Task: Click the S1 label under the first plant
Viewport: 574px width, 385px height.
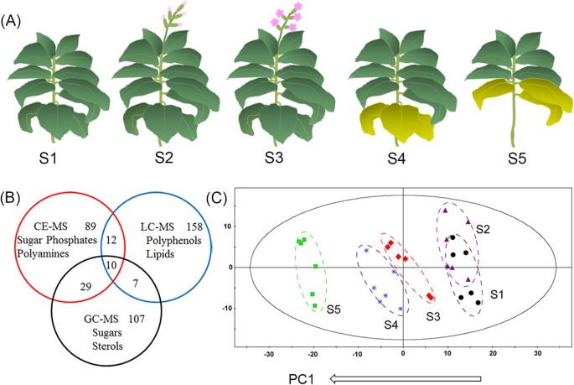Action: pos(49,159)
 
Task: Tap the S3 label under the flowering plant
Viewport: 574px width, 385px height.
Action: pos(274,158)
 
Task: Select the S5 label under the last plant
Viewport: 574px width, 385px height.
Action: pos(517,159)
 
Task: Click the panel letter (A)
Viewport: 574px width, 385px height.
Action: pos(11,21)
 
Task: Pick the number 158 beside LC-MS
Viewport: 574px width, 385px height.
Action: pos(194,227)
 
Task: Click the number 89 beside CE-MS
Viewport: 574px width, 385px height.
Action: pos(90,226)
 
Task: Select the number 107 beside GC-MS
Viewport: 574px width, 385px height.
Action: pos(137,319)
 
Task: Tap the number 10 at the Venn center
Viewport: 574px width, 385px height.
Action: pos(111,264)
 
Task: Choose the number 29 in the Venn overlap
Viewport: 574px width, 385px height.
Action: pos(85,287)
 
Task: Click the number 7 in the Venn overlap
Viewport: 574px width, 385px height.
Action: pos(136,283)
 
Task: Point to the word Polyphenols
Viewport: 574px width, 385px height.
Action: pos(174,241)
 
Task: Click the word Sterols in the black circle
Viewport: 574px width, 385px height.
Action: pos(107,346)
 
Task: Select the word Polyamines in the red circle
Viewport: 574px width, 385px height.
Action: pos(43,253)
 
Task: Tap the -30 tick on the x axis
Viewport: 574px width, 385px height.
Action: pos(269,354)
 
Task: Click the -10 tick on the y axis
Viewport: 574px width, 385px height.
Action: pos(228,309)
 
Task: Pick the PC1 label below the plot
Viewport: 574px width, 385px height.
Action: pos(302,379)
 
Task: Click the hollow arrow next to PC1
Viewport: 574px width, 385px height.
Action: pos(406,378)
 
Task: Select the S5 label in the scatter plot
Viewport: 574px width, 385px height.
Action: pos(334,310)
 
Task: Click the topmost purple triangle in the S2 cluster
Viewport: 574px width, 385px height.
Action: pos(446,211)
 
